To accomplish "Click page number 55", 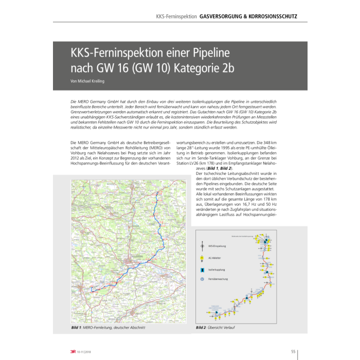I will click(x=293, y=352).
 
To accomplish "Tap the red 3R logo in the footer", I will click(x=74, y=352).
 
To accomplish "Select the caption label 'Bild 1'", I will click(x=77, y=327).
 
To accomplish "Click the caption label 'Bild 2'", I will click(x=201, y=327).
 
